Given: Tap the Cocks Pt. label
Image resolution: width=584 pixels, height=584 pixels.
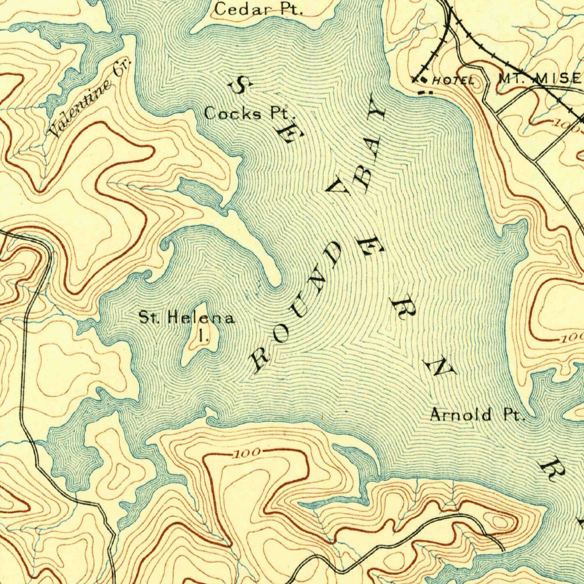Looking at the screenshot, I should pos(246,113).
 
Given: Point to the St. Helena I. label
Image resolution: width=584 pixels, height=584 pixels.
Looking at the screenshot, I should pos(187,325).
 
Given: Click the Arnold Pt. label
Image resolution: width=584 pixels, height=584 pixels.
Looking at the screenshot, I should pos(476,415).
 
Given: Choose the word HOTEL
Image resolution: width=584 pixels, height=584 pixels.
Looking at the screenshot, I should pos(452,81).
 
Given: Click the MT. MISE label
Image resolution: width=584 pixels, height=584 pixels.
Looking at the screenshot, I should pos(539,79).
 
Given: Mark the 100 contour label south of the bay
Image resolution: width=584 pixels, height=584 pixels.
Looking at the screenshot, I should pos(246,453).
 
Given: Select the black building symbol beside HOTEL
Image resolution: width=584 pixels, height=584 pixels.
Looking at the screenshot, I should pos(423,80).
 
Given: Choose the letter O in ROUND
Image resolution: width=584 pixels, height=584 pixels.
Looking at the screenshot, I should pos(280,334).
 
